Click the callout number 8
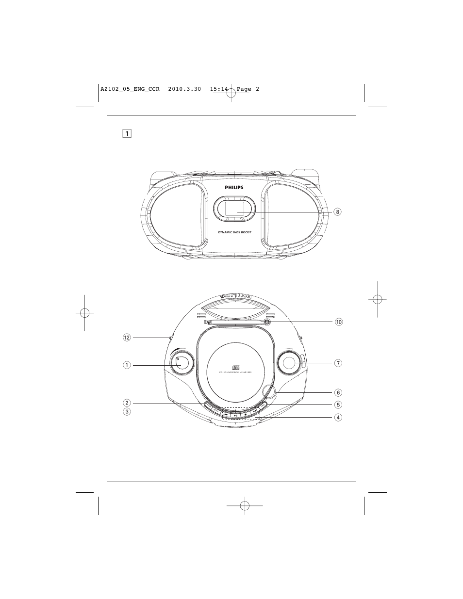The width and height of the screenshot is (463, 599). pos(338,212)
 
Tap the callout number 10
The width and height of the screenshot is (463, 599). pos(338,322)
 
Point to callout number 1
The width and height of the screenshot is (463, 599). pos(127,365)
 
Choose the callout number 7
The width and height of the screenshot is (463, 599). pos(338,363)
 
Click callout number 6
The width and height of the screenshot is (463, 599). pos(338,392)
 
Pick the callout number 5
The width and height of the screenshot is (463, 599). pos(338,405)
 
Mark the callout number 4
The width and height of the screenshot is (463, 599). pos(338,417)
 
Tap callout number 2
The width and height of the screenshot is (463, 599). pos(127,403)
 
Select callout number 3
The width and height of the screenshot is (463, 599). pos(127,412)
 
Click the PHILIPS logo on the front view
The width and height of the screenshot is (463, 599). pos(234,187)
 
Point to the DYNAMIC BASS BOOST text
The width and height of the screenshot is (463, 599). pos(234,232)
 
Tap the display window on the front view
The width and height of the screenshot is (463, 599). pos(234,208)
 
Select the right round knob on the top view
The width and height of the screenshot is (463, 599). pos(289,363)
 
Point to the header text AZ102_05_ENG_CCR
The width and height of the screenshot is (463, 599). pos(130,89)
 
